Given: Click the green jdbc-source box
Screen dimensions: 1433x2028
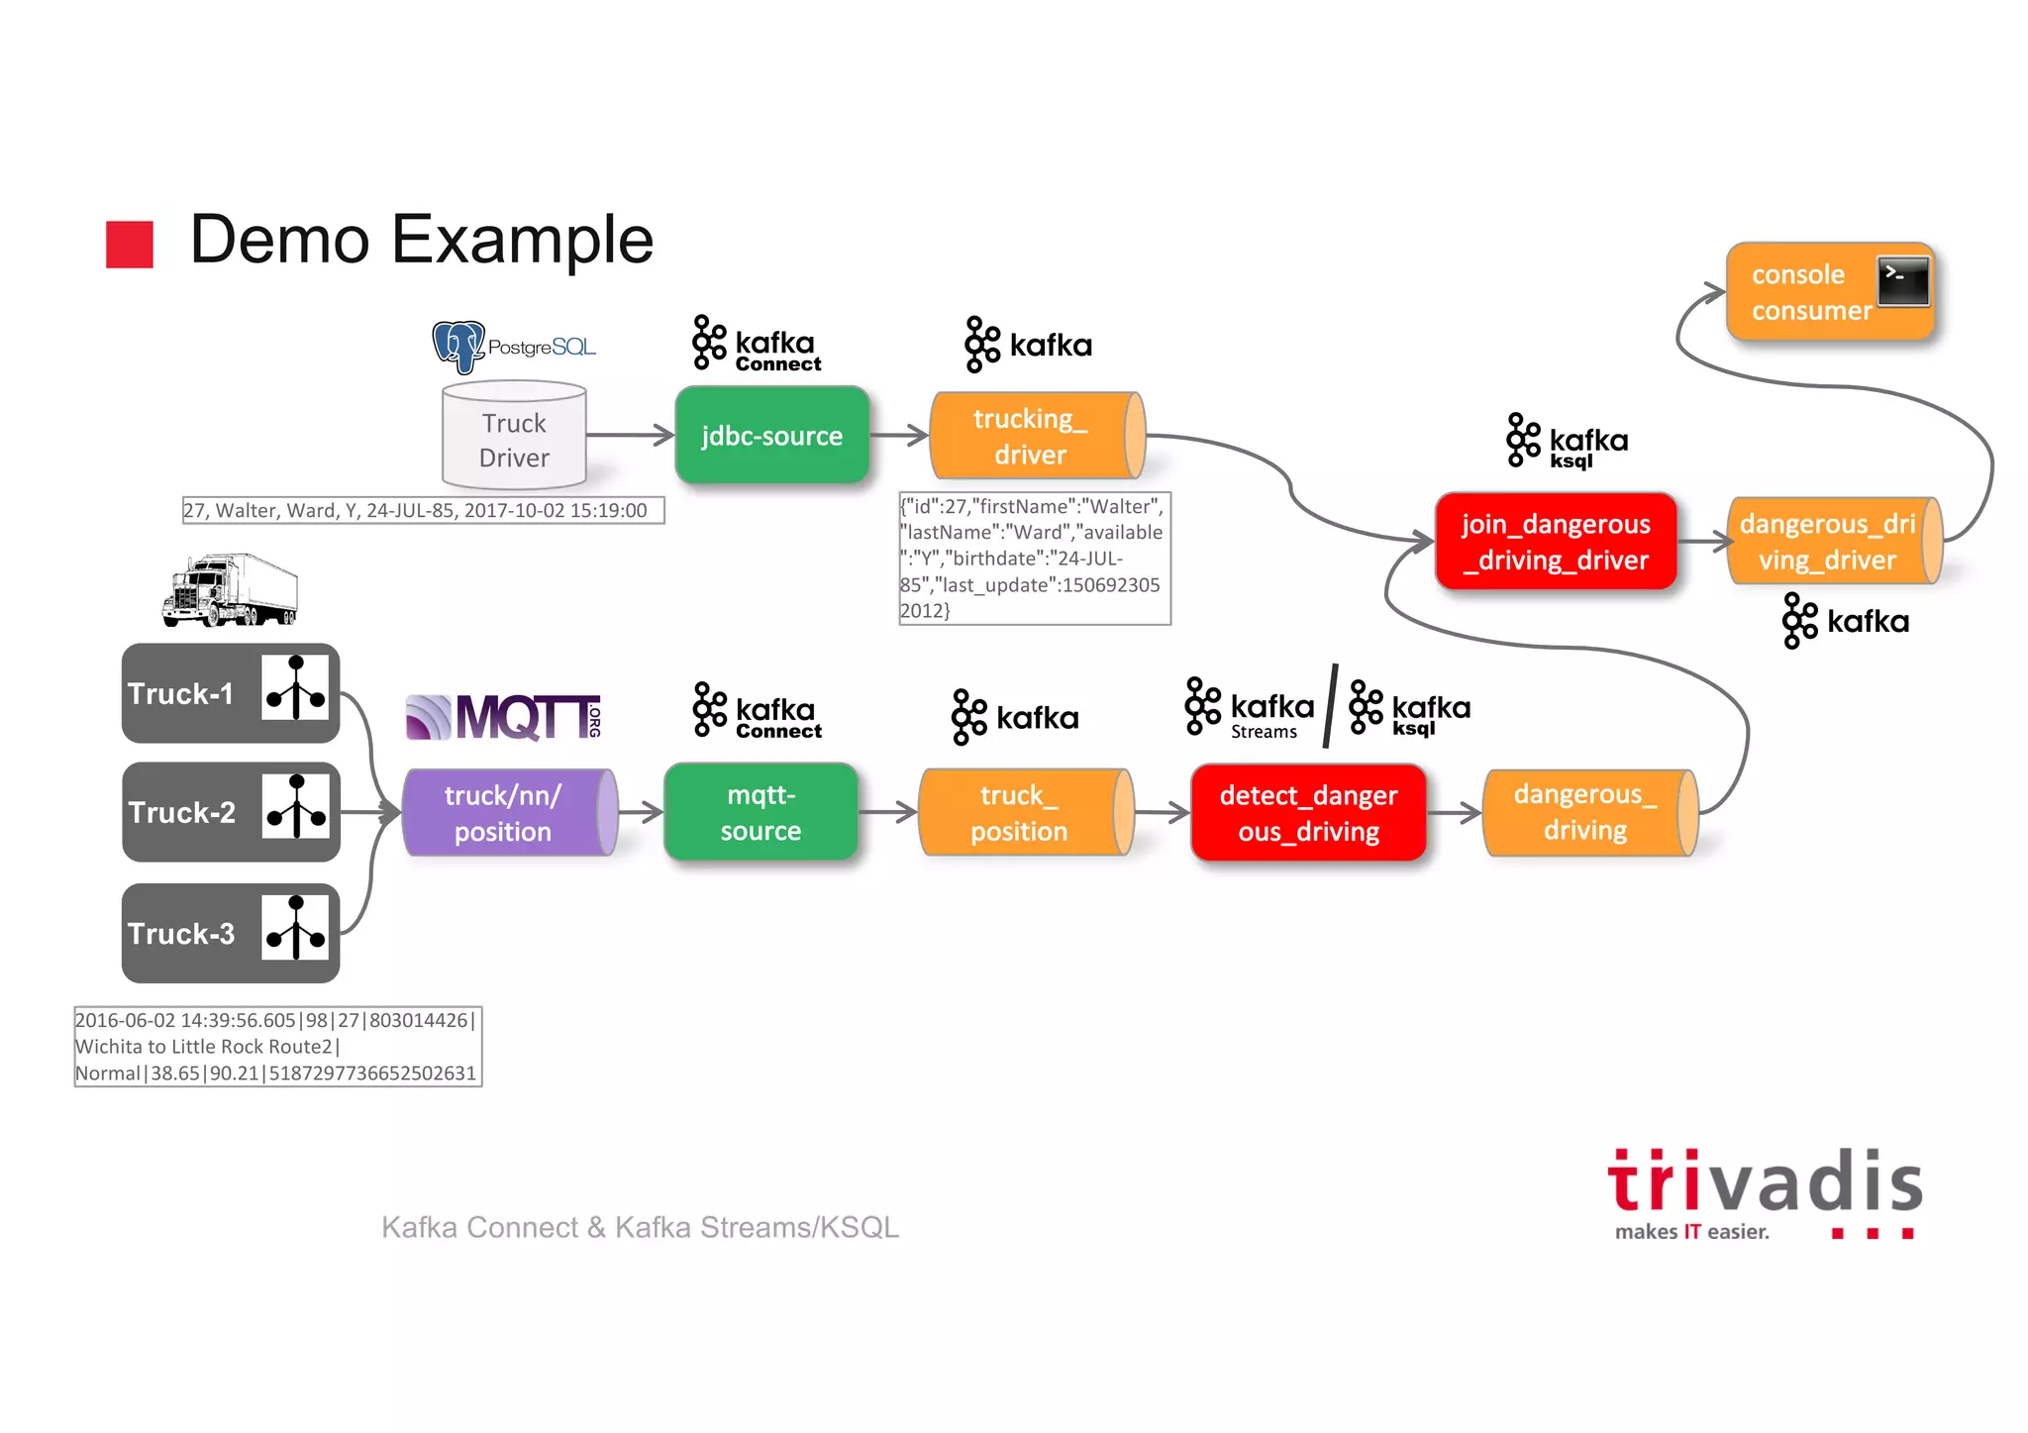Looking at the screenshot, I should (x=771, y=436).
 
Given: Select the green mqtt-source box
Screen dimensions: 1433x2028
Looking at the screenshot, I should (x=760, y=812).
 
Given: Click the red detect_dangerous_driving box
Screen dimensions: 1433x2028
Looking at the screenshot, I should (x=1308, y=812).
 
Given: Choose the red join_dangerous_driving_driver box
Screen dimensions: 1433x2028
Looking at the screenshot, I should (x=1556, y=542).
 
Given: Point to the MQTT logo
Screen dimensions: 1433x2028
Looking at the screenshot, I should (x=503, y=717).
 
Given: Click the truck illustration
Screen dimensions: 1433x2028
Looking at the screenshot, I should (x=231, y=590).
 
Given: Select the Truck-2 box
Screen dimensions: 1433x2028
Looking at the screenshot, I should (x=231, y=812).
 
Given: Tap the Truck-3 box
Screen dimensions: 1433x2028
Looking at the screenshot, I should (x=231, y=933).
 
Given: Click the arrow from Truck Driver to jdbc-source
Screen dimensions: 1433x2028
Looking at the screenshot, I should (x=630, y=435).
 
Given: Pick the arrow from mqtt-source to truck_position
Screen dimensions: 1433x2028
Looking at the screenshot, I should (x=888, y=812).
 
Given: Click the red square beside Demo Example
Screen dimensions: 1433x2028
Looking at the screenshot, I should (x=130, y=244).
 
